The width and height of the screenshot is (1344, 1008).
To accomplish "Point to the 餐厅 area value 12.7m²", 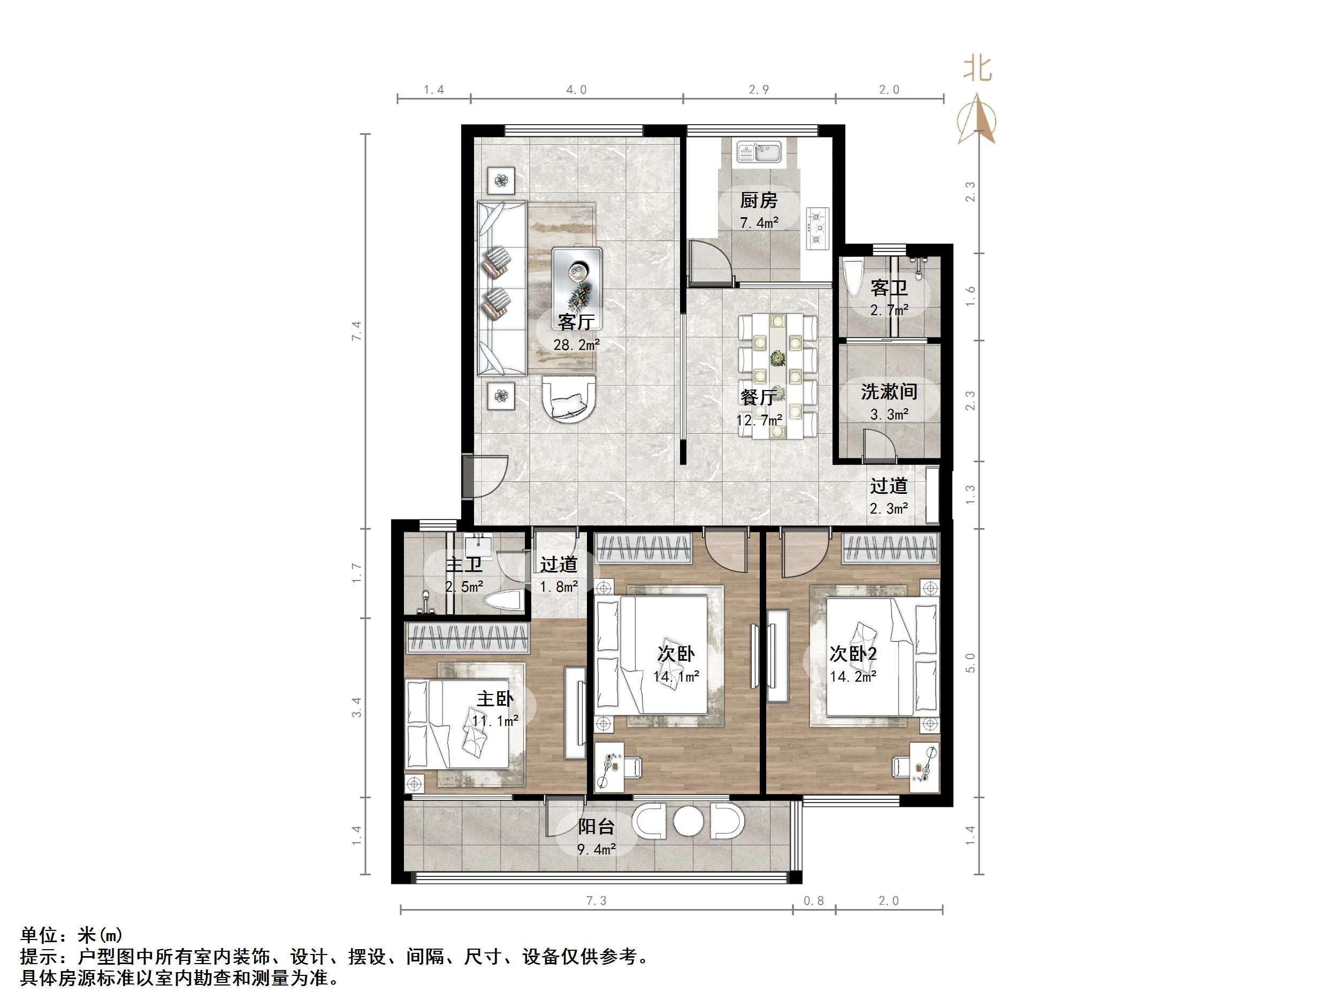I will (x=759, y=420).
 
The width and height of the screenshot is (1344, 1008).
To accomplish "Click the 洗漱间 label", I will (x=888, y=392).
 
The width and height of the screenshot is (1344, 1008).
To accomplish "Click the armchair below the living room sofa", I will (x=569, y=399).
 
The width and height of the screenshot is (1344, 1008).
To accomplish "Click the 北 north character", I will (x=978, y=68).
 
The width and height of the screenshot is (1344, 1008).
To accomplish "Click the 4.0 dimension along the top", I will (x=576, y=90).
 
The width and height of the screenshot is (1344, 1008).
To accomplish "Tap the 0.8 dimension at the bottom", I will (x=814, y=900).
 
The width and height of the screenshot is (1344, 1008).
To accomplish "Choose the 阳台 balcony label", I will (x=596, y=826).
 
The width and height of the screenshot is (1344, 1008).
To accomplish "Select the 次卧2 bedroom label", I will (x=853, y=654).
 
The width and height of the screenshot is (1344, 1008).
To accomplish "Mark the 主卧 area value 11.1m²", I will (x=495, y=721).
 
